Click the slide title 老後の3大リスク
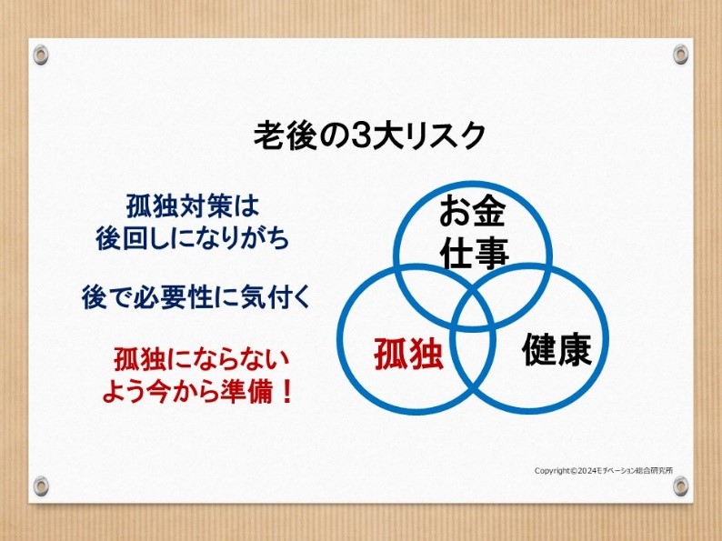[x=369, y=135]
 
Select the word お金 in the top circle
[x=473, y=211]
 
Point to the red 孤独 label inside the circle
[x=408, y=354]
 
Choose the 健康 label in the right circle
[x=557, y=349]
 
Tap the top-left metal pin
[x=41, y=55]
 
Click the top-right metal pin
[x=680, y=54]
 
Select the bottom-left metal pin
[x=41, y=486]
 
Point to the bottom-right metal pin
[x=680, y=486]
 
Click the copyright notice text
[x=604, y=471]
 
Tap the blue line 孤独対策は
[x=193, y=206]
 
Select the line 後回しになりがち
[x=193, y=238]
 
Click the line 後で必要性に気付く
[x=196, y=297]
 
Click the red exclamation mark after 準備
[x=286, y=392]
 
